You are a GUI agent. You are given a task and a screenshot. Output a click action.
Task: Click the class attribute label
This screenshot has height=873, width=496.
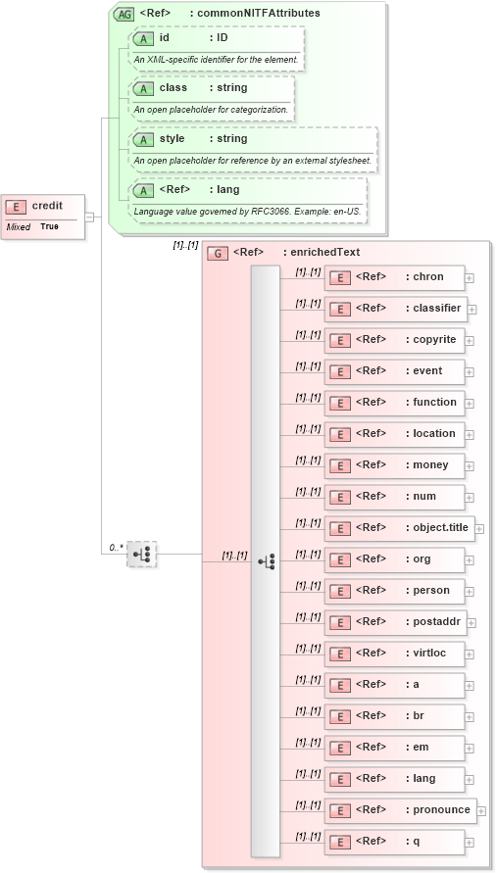pos(174,88)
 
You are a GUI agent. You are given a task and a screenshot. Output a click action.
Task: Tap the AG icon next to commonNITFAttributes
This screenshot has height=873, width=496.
pos(124,14)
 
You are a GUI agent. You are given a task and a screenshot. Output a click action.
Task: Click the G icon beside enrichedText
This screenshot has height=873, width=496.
pos(218,253)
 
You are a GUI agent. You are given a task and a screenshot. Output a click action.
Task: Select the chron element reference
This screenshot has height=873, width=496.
pos(394,277)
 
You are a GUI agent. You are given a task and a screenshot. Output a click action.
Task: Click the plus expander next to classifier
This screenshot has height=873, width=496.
pos(472,309)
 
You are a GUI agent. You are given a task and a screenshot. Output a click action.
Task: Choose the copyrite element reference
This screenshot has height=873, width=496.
pos(394,340)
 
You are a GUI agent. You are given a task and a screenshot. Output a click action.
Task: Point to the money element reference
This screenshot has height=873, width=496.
pos(394,465)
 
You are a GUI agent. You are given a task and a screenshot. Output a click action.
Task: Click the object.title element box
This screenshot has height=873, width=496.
pos(400,528)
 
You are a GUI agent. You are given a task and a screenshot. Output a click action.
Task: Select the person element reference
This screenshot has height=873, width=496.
pos(394,591)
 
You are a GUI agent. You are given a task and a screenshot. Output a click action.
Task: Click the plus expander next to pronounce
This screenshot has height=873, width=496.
pos(480,810)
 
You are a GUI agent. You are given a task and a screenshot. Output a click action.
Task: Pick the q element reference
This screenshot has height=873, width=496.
pos(394,842)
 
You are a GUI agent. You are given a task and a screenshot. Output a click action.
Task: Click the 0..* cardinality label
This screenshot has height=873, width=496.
pos(116,547)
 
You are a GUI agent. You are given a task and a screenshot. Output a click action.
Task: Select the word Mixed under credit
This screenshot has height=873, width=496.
pos(18,226)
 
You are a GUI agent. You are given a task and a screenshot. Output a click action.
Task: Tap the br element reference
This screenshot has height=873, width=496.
pos(394,716)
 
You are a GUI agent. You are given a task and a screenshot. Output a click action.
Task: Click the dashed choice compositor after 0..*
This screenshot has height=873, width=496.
pos(141,554)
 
